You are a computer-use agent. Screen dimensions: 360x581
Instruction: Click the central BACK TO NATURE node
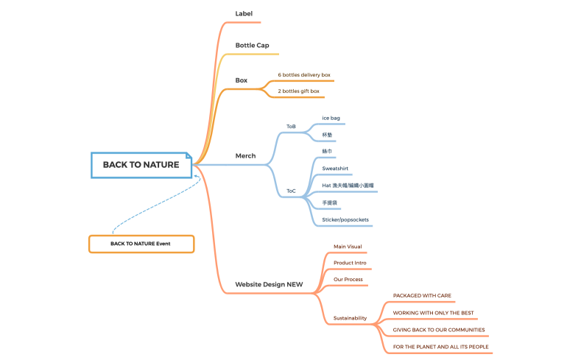[141, 165]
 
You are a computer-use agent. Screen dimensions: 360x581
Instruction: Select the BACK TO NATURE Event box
[141, 244]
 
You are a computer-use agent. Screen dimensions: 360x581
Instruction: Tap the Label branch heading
[244, 14]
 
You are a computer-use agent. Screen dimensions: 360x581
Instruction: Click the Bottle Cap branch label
[252, 46]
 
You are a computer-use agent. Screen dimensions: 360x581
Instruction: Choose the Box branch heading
[242, 80]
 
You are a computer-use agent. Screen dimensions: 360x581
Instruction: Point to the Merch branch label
[245, 156]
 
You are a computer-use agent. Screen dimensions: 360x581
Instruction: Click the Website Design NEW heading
[269, 284]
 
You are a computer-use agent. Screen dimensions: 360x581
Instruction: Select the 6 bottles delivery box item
[304, 75]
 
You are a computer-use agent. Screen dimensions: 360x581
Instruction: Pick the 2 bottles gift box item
[298, 91]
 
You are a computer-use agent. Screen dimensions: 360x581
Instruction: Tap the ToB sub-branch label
[291, 127]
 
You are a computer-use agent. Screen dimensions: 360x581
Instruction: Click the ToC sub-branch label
[291, 191]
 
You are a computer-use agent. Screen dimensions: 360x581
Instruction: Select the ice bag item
[331, 119]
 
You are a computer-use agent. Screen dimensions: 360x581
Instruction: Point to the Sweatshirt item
[335, 169]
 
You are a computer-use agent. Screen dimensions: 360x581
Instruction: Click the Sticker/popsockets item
[345, 220]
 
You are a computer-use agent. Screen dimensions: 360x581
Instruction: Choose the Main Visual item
[348, 247]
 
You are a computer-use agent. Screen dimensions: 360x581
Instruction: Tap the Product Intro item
[350, 263]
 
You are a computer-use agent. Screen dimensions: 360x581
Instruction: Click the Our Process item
[348, 280]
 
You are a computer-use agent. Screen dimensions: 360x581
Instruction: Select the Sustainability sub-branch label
[350, 318]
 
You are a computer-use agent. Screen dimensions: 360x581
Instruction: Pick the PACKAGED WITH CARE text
[422, 296]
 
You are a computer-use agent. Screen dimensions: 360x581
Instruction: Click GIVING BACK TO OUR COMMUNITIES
[439, 330]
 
